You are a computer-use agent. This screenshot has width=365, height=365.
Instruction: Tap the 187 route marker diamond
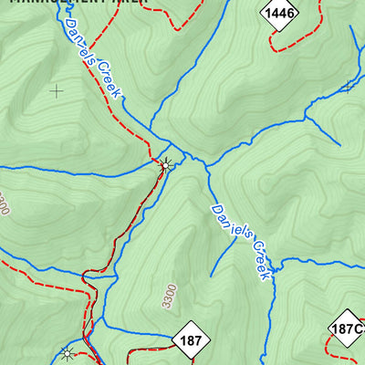[x=191, y=340]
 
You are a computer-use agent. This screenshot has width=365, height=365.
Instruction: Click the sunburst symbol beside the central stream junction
[x=165, y=165]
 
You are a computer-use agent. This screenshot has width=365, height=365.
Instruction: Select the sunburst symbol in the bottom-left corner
[x=66, y=352]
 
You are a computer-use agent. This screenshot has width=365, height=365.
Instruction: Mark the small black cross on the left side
[x=57, y=90]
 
